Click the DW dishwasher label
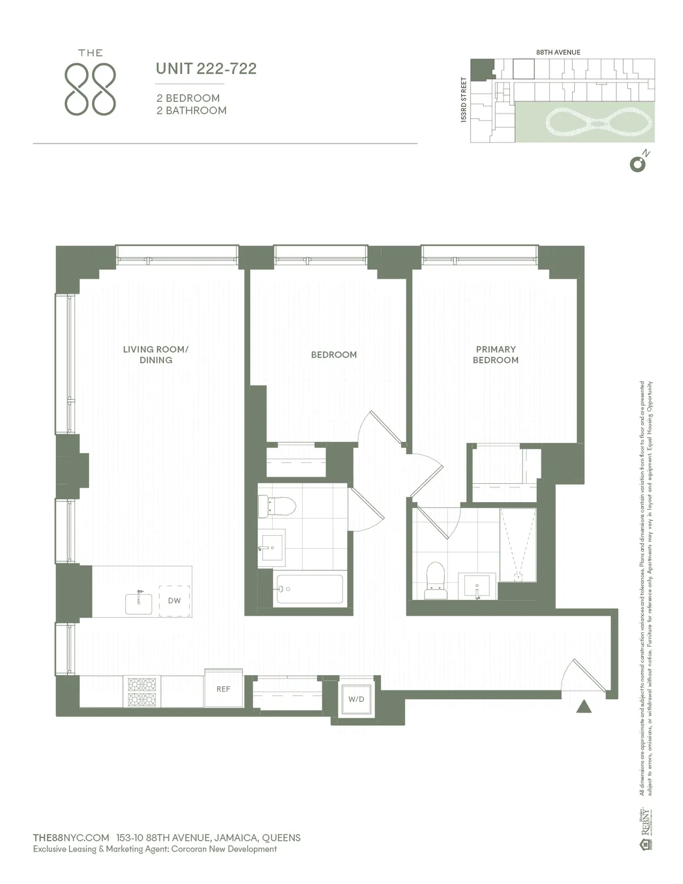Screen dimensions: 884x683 174,601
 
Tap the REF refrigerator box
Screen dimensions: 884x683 223,689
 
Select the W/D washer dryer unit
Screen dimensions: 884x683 356,699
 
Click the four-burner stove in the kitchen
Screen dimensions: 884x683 142,691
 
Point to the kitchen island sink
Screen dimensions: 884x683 139,603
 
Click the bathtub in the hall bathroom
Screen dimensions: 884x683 310,589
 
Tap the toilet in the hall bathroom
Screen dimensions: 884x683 277,506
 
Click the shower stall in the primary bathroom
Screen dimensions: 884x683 518,544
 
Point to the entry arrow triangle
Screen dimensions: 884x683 584,706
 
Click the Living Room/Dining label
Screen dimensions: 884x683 155,355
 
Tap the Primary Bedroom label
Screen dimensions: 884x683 496,355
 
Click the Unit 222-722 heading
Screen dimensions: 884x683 206,69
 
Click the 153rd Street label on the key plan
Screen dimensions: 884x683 464,100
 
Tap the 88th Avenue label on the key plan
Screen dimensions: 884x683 558,52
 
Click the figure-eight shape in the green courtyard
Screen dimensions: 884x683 599,122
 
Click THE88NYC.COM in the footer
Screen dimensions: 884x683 71,837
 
